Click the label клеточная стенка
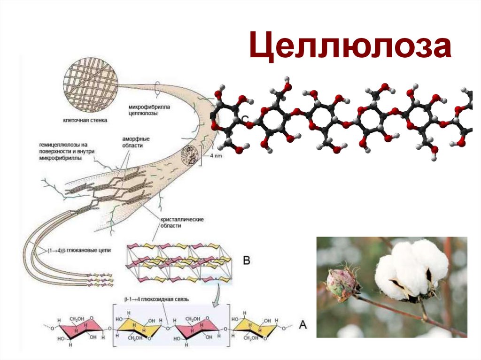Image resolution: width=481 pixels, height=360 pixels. (x=85, y=121)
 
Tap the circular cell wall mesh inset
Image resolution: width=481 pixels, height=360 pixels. (x=91, y=84)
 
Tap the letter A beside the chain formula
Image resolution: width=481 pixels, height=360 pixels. (x=303, y=324)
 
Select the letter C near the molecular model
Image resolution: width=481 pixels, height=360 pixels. (x=245, y=119)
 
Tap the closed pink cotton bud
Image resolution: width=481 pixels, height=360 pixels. (x=342, y=284)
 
